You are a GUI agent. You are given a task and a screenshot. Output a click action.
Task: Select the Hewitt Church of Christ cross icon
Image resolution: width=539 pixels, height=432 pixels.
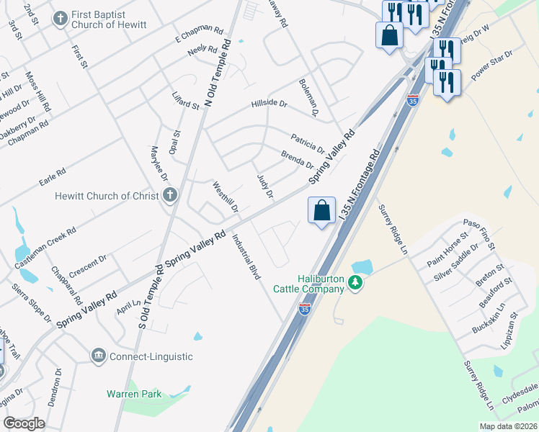coord(170,195)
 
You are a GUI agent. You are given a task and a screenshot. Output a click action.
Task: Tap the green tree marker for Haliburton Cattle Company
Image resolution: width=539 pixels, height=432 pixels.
coord(355,282)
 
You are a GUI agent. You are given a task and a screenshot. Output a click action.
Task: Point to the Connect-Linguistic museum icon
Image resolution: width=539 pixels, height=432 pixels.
coord(98,356)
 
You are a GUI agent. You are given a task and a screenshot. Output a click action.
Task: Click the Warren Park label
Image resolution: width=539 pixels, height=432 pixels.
coord(134,394)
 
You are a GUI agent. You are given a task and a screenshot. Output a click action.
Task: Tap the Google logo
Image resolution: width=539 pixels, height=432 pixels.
coord(24,423)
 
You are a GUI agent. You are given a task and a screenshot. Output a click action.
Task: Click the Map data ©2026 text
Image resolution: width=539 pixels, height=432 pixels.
coord(507,426)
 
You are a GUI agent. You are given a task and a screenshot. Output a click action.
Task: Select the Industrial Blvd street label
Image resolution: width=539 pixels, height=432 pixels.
coord(246,259)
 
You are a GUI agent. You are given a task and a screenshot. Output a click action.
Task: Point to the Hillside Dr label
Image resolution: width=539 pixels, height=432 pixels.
coord(269,104)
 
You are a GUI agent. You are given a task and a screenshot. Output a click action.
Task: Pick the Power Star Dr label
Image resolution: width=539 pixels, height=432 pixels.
coord(491,65)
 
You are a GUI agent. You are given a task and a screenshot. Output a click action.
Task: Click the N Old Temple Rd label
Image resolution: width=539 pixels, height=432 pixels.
coord(218,73)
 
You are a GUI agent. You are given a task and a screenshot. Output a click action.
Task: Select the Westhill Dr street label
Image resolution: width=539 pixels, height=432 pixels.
coord(226,197)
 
